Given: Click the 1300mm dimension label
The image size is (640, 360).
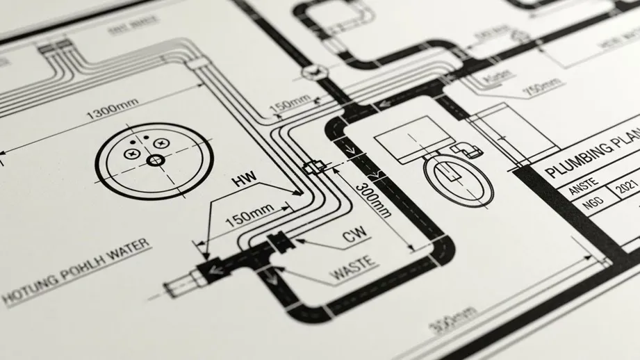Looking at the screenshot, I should [112, 108].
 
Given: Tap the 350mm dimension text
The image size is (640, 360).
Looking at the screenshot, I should [445, 319].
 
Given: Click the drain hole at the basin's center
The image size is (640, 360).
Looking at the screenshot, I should [154, 161].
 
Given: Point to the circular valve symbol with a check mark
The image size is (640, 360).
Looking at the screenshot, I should [311, 71].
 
